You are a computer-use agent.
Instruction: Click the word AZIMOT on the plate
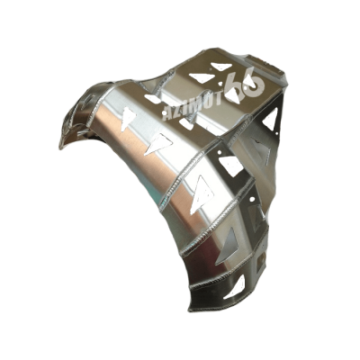tap(192, 104)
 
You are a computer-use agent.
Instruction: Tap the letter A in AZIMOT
tap(166, 114)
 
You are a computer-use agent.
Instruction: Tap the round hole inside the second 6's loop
tap(254, 85)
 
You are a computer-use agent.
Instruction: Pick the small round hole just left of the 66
tap(221, 85)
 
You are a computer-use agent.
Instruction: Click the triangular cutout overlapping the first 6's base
tap(233, 95)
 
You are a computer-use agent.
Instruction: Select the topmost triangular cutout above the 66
tap(221, 66)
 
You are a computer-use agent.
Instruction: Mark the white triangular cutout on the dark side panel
tap(272, 120)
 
